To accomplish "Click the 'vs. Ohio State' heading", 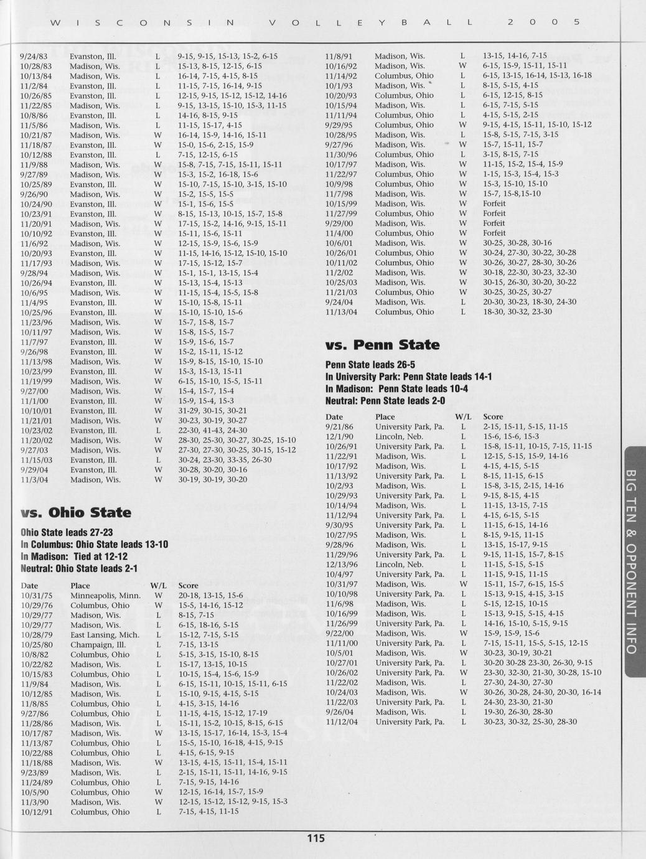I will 76,513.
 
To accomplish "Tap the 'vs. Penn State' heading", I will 382,345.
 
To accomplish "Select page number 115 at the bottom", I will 316,838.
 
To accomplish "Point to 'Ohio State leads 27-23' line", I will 67,533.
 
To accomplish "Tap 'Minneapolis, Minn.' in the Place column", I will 105,596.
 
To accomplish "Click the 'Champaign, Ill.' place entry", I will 96,645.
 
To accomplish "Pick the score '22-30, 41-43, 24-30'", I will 212,431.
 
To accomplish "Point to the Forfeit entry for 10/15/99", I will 494,204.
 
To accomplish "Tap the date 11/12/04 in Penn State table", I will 342,722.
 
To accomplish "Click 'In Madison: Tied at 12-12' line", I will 74,556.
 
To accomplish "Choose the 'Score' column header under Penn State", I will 493,417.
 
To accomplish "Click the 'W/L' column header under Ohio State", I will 158,586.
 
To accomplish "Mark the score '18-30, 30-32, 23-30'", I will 517,312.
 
